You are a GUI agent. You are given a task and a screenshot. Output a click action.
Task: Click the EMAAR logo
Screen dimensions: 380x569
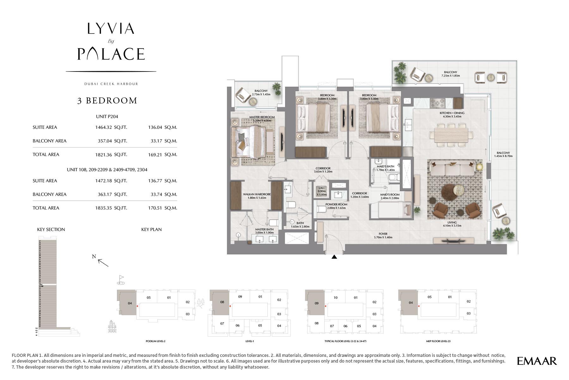[537, 361]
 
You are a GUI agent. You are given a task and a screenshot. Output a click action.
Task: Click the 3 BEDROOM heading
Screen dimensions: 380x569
[107, 101]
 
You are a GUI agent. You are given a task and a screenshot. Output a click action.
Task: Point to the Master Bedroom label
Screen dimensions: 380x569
[262, 117]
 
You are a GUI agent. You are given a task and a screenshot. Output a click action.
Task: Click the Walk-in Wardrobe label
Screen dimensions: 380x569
[257, 194]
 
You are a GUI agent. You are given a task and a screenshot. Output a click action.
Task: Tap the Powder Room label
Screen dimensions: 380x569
[336, 204]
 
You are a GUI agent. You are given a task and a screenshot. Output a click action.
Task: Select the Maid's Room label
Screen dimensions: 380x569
[390, 195]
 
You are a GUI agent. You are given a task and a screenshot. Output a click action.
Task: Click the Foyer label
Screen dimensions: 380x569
[383, 234]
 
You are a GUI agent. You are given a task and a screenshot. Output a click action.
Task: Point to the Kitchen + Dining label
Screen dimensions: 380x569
[452, 113]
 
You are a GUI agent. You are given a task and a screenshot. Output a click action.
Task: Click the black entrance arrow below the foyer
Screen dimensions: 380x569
[334, 257]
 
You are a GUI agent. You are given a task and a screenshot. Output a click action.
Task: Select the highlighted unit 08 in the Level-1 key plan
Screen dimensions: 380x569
[222, 302]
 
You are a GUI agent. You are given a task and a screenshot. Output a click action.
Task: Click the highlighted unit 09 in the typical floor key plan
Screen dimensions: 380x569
[316, 303]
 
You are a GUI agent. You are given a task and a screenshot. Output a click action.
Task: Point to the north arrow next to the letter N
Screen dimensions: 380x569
[103, 262]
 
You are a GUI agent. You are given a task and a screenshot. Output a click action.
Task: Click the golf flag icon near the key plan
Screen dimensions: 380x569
[120, 279]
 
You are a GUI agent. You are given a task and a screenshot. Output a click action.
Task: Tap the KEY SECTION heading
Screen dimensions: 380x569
[51, 229]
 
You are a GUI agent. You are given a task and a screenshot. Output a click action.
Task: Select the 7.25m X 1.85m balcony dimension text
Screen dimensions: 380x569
[450, 76]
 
